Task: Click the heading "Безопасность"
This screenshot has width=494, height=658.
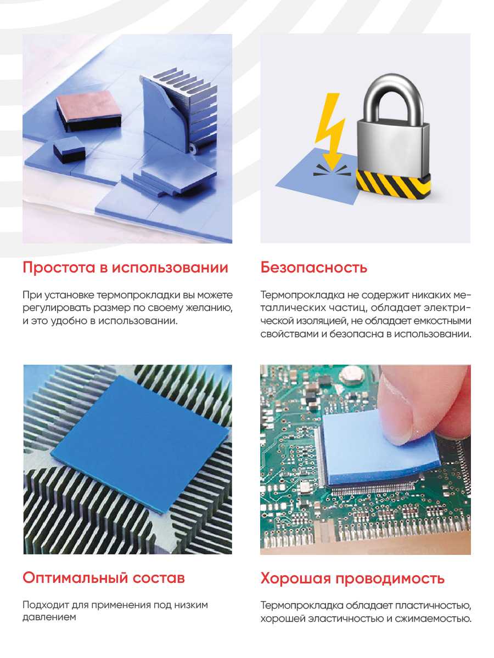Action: point(313,267)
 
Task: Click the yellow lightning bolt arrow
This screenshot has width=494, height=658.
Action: point(330,132)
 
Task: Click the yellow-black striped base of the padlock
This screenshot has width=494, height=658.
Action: point(394,184)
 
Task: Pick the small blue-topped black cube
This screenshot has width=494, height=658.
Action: point(69,149)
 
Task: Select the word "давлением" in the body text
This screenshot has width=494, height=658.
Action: point(49,617)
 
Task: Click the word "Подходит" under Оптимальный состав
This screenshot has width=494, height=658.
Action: point(46,605)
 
